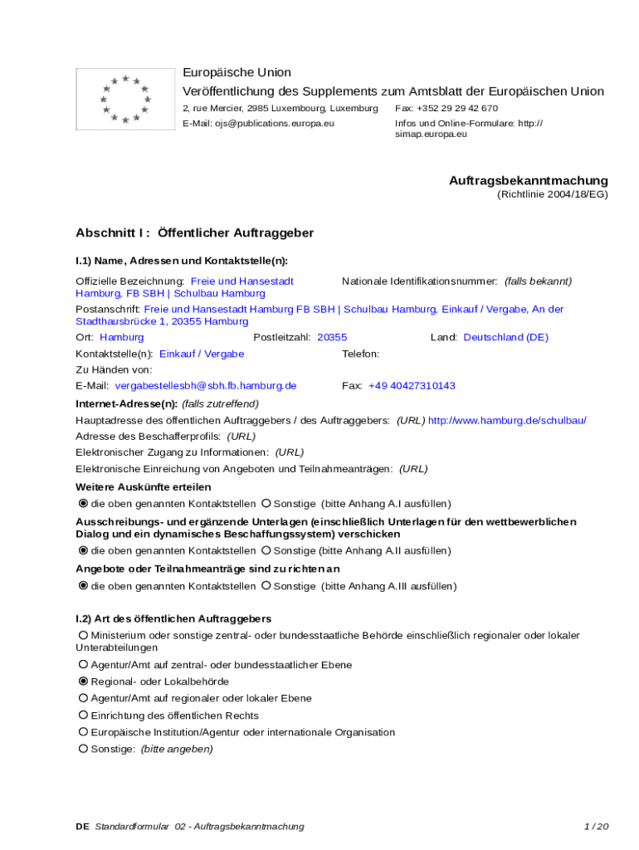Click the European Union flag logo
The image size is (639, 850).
click(x=125, y=99)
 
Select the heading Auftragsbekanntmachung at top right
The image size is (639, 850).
click(x=529, y=180)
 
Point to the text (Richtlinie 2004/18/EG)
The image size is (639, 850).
click(x=553, y=194)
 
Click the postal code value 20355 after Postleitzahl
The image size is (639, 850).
click(x=332, y=337)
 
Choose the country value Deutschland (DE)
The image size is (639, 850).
click(x=505, y=337)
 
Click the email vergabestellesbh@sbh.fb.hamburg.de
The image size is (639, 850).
click(x=205, y=386)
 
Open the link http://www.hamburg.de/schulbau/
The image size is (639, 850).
click(x=507, y=421)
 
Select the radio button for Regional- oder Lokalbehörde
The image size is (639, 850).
click(x=83, y=681)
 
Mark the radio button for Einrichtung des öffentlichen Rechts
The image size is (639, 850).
click(x=83, y=716)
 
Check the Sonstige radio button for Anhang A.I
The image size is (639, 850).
click(x=266, y=504)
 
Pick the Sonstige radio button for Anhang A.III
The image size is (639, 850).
click(x=266, y=586)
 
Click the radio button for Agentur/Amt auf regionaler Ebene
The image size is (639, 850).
click(x=83, y=698)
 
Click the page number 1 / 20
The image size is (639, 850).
click(x=597, y=827)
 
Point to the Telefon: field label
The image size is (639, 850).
click(x=361, y=354)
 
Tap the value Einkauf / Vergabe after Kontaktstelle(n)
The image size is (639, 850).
click(x=202, y=354)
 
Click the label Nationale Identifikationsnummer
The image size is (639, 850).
click(x=419, y=281)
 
